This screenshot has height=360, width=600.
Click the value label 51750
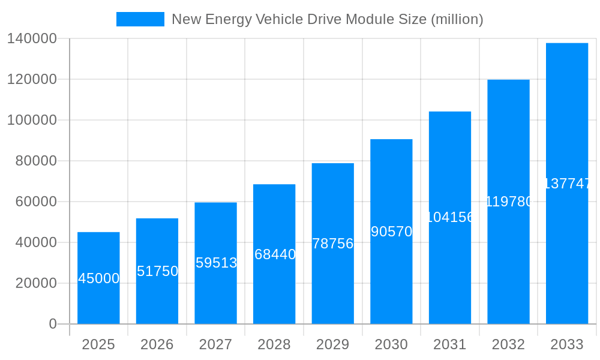tap(157, 271)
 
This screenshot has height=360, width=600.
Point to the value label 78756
tap(333, 244)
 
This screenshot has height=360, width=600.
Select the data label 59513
tap(216, 263)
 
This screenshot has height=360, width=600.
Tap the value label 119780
tap(509, 202)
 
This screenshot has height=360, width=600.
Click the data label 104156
tap(450, 217)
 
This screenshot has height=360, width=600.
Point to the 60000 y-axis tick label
tap(36, 202)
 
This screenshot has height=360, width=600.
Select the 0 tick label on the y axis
tap(53, 324)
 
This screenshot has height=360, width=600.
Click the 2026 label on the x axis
tap(157, 344)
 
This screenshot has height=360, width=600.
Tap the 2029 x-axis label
tap(333, 344)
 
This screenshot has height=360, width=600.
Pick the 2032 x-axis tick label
tap(508, 344)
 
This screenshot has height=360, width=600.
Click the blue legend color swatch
tap(140, 19)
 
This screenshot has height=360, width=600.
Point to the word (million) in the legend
tap(457, 19)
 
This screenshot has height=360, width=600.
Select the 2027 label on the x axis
tap(215, 344)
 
